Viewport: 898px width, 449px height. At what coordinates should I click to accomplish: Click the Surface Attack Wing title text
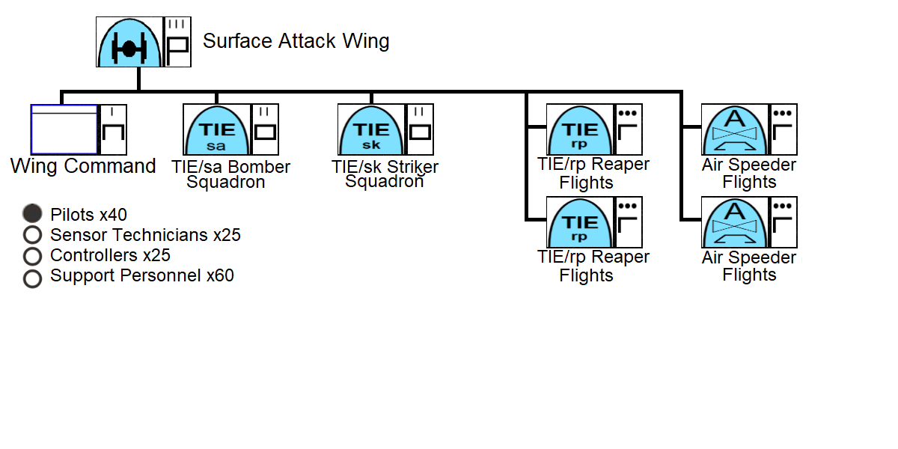tap(296, 41)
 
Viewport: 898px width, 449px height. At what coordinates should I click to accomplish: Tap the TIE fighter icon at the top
tap(129, 43)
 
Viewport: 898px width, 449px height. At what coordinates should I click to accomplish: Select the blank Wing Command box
tap(64, 129)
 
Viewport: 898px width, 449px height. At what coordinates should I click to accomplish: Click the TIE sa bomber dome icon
tap(216, 129)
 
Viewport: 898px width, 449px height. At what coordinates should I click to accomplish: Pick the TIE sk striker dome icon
tap(371, 129)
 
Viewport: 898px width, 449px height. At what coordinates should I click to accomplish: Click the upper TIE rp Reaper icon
tap(580, 129)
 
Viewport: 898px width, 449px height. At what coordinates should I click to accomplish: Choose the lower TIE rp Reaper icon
tap(580, 222)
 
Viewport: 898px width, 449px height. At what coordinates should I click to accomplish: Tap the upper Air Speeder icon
tap(735, 129)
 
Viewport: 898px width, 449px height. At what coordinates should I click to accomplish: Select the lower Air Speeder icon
tap(735, 222)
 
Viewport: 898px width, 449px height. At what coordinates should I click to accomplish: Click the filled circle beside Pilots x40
tap(32, 213)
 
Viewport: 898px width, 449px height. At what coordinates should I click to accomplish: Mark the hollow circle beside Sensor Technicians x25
tap(32, 235)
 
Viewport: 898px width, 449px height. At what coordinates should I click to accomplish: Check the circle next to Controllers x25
tap(32, 256)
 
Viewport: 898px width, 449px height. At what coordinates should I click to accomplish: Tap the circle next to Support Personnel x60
tap(32, 278)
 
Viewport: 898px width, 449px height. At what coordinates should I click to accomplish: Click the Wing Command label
tap(83, 166)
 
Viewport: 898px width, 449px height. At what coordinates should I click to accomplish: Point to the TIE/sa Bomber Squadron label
tap(230, 174)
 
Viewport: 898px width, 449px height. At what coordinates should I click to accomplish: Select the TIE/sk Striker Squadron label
tap(385, 174)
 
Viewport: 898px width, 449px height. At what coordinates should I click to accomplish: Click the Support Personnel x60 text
tap(141, 275)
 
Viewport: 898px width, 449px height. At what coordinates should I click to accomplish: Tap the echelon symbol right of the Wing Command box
tap(112, 129)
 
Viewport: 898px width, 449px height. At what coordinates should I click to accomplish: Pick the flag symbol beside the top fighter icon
tap(177, 42)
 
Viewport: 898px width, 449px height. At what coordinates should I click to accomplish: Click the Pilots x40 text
tap(88, 215)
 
